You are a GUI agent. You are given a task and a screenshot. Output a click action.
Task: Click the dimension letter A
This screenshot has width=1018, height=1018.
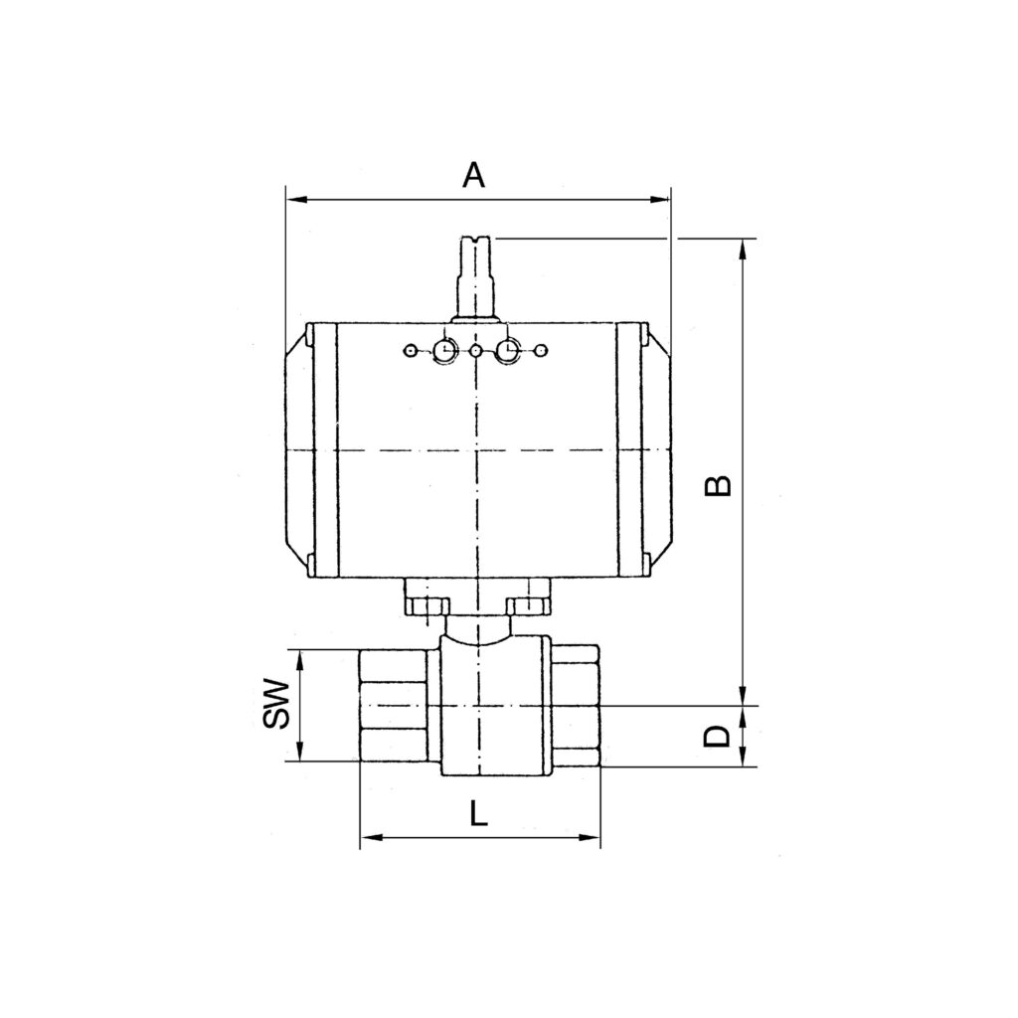tap(474, 176)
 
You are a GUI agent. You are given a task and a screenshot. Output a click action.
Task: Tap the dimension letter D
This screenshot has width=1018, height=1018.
tap(717, 737)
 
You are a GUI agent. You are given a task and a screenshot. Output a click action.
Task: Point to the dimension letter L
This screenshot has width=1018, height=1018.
tap(479, 815)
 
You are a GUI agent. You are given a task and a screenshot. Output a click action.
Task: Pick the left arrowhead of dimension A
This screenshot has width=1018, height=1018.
tap(294, 200)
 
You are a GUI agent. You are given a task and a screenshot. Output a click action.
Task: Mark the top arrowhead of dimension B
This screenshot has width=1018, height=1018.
tap(743, 249)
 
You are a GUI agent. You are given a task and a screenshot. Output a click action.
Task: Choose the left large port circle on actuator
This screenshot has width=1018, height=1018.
tap(443, 350)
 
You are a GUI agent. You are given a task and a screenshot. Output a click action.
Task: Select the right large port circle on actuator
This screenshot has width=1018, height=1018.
tap(509, 350)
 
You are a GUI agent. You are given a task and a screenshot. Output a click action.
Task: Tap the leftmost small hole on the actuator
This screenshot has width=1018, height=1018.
tap(409, 350)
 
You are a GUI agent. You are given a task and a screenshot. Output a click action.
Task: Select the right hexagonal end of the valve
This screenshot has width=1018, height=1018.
tap(576, 706)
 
